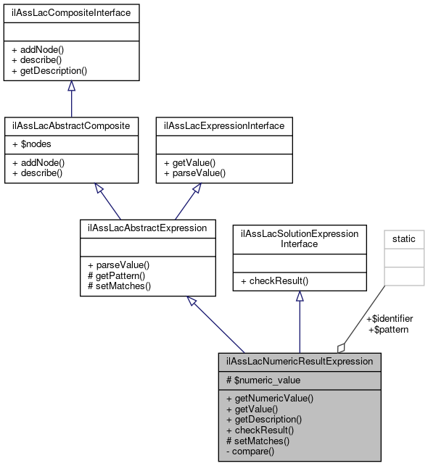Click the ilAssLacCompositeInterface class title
(71, 13)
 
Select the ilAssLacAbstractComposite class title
(71, 125)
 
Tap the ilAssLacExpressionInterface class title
(224, 125)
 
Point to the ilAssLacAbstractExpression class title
(147, 228)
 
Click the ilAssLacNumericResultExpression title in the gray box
(300, 361)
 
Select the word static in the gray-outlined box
(404, 238)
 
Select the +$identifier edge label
(389, 318)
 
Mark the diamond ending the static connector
(341, 347)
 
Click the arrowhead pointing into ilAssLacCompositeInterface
(71, 86)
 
